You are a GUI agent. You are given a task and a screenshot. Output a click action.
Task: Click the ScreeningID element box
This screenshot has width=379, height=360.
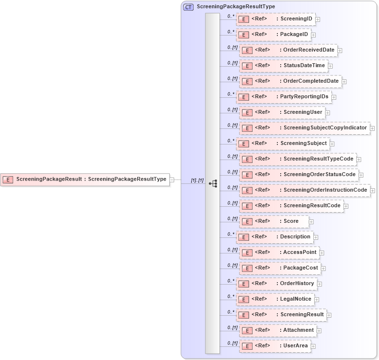coord(275,19)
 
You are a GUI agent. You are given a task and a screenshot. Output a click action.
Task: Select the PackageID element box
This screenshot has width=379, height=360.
coord(273,35)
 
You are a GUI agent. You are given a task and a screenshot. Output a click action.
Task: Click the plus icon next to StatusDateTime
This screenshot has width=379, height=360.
coord(330,66)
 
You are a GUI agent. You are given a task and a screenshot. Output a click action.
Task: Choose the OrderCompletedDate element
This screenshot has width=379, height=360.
coord(291,81)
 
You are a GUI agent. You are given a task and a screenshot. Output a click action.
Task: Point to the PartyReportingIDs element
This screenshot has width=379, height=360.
coord(284,97)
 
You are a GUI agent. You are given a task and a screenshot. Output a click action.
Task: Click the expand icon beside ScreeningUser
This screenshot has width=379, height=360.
coord(327,113)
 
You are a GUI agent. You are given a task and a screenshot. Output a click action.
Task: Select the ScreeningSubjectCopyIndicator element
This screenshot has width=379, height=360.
coord(305,128)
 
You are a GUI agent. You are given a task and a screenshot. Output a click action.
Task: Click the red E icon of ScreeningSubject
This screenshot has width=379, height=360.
coord(243,144)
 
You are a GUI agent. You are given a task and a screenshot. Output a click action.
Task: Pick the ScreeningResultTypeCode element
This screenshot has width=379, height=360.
coord(298,159)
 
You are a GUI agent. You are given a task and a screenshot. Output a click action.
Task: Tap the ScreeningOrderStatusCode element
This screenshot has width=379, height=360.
coord(299,175)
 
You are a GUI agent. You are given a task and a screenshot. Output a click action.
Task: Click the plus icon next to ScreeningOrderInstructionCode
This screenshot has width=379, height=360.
coord(373,191)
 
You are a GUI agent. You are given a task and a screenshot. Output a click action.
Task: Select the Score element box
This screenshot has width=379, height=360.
coord(274,221)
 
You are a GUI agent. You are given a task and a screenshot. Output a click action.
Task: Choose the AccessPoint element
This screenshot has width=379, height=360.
coord(279,252)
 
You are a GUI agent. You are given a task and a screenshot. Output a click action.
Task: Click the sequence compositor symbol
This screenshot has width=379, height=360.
coord(213,183)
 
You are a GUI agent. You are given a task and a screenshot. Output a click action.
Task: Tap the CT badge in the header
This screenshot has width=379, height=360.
coord(188,7)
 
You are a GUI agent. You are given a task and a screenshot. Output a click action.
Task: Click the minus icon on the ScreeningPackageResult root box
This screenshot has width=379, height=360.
coord(172,180)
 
